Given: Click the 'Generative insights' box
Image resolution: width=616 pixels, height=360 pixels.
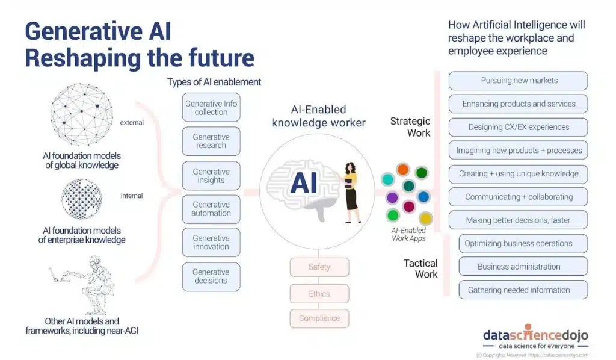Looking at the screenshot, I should pos(211,176).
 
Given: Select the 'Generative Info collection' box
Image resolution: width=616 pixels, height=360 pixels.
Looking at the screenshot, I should pos(211,108).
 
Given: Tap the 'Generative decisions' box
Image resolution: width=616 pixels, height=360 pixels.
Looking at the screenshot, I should pos(211,276).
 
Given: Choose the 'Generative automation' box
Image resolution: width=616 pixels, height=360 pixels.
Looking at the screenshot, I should pos(211,209).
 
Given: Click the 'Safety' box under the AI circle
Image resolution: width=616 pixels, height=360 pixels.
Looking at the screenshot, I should pos(319,267).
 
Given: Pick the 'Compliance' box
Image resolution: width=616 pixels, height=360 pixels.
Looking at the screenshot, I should pos(319,318).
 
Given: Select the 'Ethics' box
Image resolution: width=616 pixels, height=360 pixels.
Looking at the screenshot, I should pos(319,294).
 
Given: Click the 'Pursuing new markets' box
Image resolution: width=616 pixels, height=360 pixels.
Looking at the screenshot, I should pos(519,81).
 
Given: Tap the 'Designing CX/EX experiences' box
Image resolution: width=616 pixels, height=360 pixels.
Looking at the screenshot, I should pos(519,127).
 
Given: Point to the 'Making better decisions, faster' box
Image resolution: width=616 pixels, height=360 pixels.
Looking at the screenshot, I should pos(519,220).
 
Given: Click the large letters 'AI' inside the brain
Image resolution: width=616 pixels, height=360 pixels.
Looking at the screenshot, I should pos(304,183).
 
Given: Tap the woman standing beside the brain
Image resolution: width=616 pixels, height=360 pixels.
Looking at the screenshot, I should pos(350,188).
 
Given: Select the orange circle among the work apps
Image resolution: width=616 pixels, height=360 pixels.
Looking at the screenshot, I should pos(403,169).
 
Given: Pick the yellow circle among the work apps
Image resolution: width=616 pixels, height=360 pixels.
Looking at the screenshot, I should pos(425,219).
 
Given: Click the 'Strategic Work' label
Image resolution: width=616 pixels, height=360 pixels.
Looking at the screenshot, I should pos(411,127).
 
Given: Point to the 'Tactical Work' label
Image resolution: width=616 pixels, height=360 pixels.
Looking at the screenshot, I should pos(420,268).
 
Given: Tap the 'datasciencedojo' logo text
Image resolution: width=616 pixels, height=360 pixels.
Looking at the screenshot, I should pos(535,336).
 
